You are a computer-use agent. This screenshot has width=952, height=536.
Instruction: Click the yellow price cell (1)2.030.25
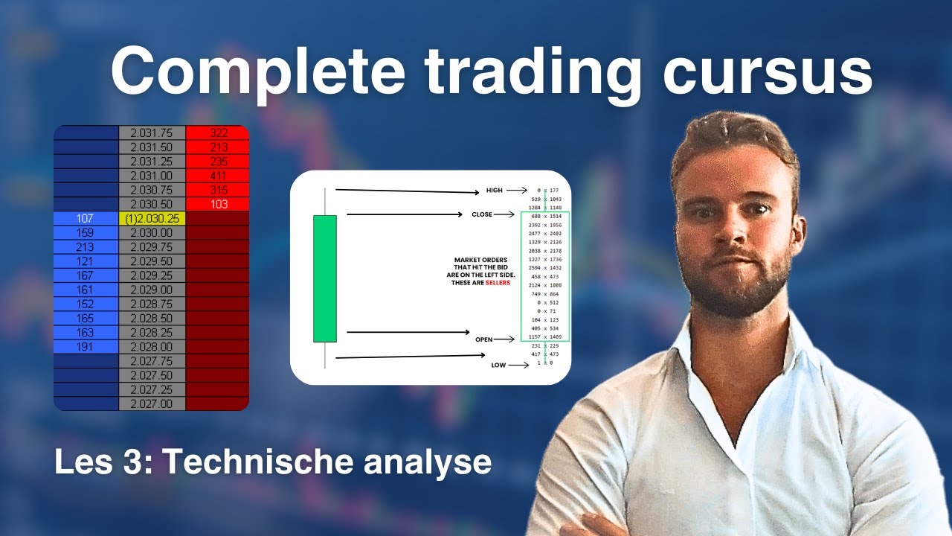[x=152, y=219]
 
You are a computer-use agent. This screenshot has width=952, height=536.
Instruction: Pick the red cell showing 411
[x=217, y=176]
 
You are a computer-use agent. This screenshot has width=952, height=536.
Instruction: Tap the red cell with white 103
[x=217, y=205]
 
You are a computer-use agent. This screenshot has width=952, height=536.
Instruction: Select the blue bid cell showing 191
[x=86, y=347]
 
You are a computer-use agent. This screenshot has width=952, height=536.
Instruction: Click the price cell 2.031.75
[x=152, y=133]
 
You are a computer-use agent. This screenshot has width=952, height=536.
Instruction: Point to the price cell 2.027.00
[x=152, y=403]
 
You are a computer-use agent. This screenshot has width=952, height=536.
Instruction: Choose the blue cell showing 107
[x=86, y=219]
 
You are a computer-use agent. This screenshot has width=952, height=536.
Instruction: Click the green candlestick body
[x=325, y=278]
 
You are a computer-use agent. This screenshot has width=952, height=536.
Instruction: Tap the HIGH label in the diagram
[x=494, y=191]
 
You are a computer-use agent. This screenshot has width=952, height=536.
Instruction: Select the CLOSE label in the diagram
[x=482, y=214]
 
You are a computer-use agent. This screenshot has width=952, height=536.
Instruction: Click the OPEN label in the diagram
[x=484, y=339]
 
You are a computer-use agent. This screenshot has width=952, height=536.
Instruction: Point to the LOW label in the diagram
[x=498, y=366]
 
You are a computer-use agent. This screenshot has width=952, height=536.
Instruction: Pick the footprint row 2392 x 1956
[x=545, y=224]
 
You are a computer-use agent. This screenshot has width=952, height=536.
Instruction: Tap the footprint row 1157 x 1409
[x=545, y=336]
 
